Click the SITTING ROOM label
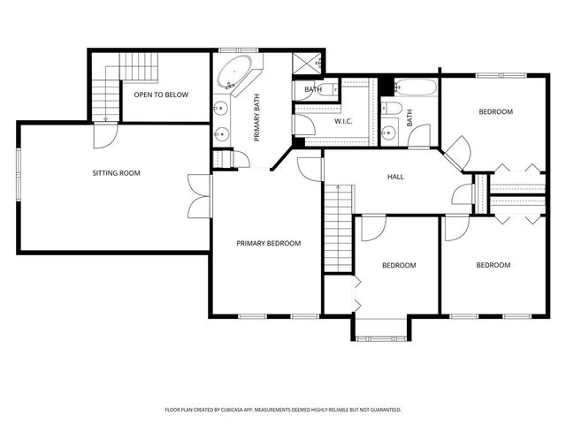pyautogui.click(x=117, y=173)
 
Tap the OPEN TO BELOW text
pyautogui.click(x=160, y=95)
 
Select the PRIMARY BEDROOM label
pyautogui.click(x=268, y=244)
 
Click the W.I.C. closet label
pyautogui.click(x=344, y=121)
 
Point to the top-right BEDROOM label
pyautogui.click(x=495, y=112)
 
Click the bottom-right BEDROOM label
pyautogui.click(x=493, y=265)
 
